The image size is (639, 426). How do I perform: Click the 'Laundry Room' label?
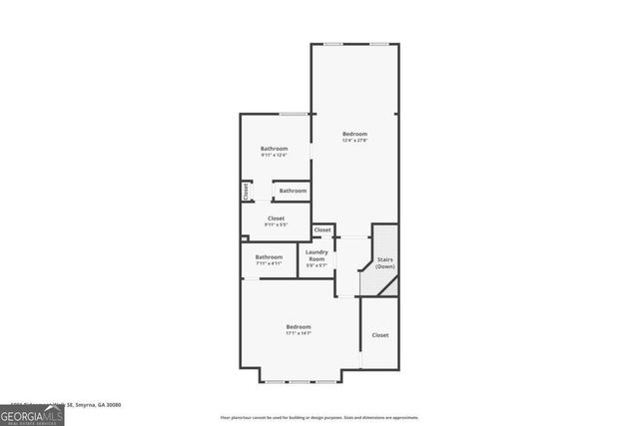(x=317, y=255)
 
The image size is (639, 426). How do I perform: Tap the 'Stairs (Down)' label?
(x=385, y=263)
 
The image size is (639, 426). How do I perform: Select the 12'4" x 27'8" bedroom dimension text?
(x=354, y=141)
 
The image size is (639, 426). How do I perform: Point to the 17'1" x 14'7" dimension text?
(x=298, y=333)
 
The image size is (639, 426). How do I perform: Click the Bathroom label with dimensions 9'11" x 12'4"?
(x=275, y=148)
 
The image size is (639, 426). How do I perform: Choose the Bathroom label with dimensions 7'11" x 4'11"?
(x=269, y=257)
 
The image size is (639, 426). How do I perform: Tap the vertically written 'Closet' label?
(x=245, y=191)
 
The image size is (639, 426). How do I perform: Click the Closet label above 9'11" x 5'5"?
(x=276, y=217)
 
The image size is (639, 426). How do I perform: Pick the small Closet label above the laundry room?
(x=322, y=230)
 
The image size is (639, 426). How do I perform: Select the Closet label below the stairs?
(x=380, y=335)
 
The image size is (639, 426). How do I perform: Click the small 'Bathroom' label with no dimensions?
(x=293, y=191)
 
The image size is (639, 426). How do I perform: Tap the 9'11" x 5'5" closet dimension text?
(x=276, y=224)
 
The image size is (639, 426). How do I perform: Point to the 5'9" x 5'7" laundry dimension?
(x=317, y=265)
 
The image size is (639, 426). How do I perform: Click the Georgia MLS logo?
(x=32, y=412)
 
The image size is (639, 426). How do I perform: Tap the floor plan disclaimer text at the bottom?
(x=319, y=418)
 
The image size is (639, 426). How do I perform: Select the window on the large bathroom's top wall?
(x=292, y=114)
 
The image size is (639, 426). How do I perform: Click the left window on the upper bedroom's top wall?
(x=333, y=43)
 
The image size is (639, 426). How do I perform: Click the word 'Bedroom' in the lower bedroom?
(x=298, y=326)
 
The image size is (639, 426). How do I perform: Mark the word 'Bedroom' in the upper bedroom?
(x=354, y=134)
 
